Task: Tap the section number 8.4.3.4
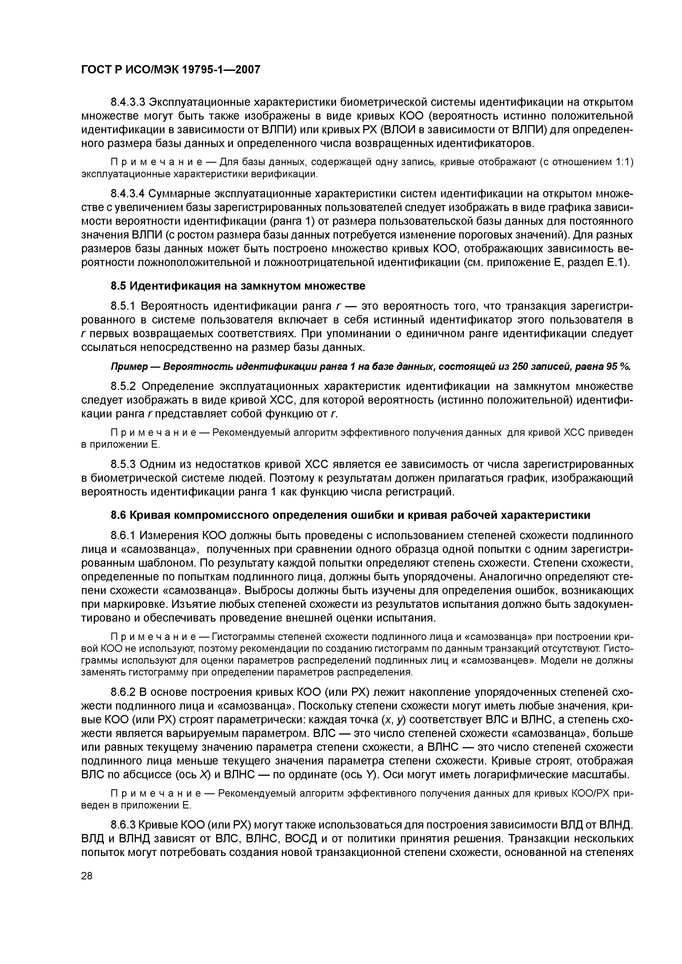coord(128,193)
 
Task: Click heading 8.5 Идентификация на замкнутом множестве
coord(238,286)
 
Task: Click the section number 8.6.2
coord(123,692)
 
